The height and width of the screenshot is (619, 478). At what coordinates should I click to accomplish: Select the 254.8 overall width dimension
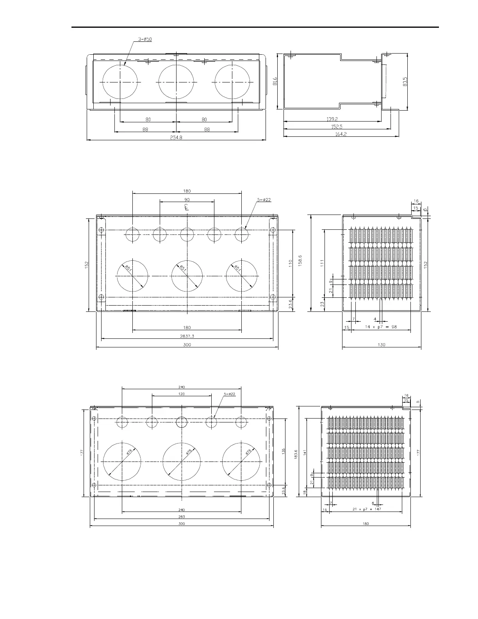[x=176, y=137]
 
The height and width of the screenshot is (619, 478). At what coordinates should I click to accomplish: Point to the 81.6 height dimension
[x=275, y=81]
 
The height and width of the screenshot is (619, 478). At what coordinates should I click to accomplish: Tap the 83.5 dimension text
[x=405, y=81]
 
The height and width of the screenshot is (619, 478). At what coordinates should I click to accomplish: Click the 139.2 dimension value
[x=332, y=119]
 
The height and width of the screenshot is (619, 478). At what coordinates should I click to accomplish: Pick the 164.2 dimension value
[x=341, y=134]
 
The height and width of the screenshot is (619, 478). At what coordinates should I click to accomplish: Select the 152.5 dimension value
[x=336, y=127]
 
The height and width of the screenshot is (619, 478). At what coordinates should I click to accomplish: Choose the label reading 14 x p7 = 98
[x=381, y=327]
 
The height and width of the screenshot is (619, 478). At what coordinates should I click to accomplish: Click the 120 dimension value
[x=181, y=394]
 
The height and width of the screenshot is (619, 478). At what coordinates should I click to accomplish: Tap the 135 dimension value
[x=284, y=451]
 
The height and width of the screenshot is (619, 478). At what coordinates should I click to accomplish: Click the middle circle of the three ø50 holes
[x=176, y=82]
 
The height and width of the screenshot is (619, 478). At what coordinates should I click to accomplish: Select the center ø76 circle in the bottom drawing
[x=182, y=462]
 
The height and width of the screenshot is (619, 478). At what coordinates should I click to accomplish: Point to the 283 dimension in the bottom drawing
[x=182, y=517]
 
